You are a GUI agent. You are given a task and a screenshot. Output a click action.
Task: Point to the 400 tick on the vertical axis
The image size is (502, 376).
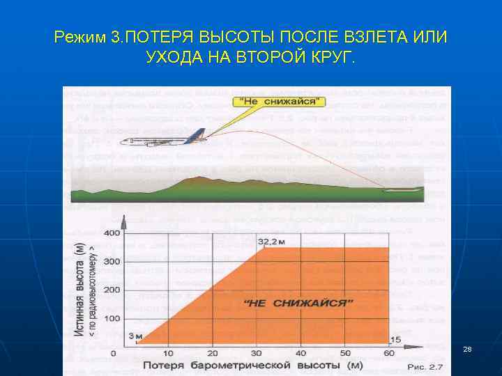pos(112,233)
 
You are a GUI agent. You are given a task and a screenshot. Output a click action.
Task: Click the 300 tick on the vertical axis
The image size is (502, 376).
pos(112,261)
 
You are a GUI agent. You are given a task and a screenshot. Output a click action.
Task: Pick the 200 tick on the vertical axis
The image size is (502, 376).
pos(112,290)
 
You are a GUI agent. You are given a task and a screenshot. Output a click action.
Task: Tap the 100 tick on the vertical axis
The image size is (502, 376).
pos(112,318)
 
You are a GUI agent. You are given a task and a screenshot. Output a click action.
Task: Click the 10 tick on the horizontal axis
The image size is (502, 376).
pos(168,354)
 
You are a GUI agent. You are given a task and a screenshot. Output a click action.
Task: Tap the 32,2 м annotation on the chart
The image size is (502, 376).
pos(273,241)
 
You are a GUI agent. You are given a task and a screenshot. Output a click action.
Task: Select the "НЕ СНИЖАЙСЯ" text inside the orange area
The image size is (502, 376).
pos(300,303)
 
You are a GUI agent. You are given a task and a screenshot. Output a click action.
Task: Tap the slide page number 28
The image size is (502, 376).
pos(467,348)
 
